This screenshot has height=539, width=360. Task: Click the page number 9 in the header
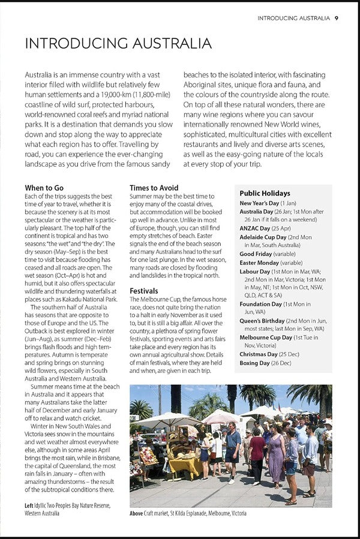337,18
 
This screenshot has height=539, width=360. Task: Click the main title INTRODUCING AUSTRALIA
118,44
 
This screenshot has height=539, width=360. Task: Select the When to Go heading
44,188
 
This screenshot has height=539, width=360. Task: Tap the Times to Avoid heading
154,188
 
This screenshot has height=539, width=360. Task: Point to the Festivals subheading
144,291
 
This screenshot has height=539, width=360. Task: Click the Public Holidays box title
265,193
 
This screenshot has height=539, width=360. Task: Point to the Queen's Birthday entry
262,321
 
